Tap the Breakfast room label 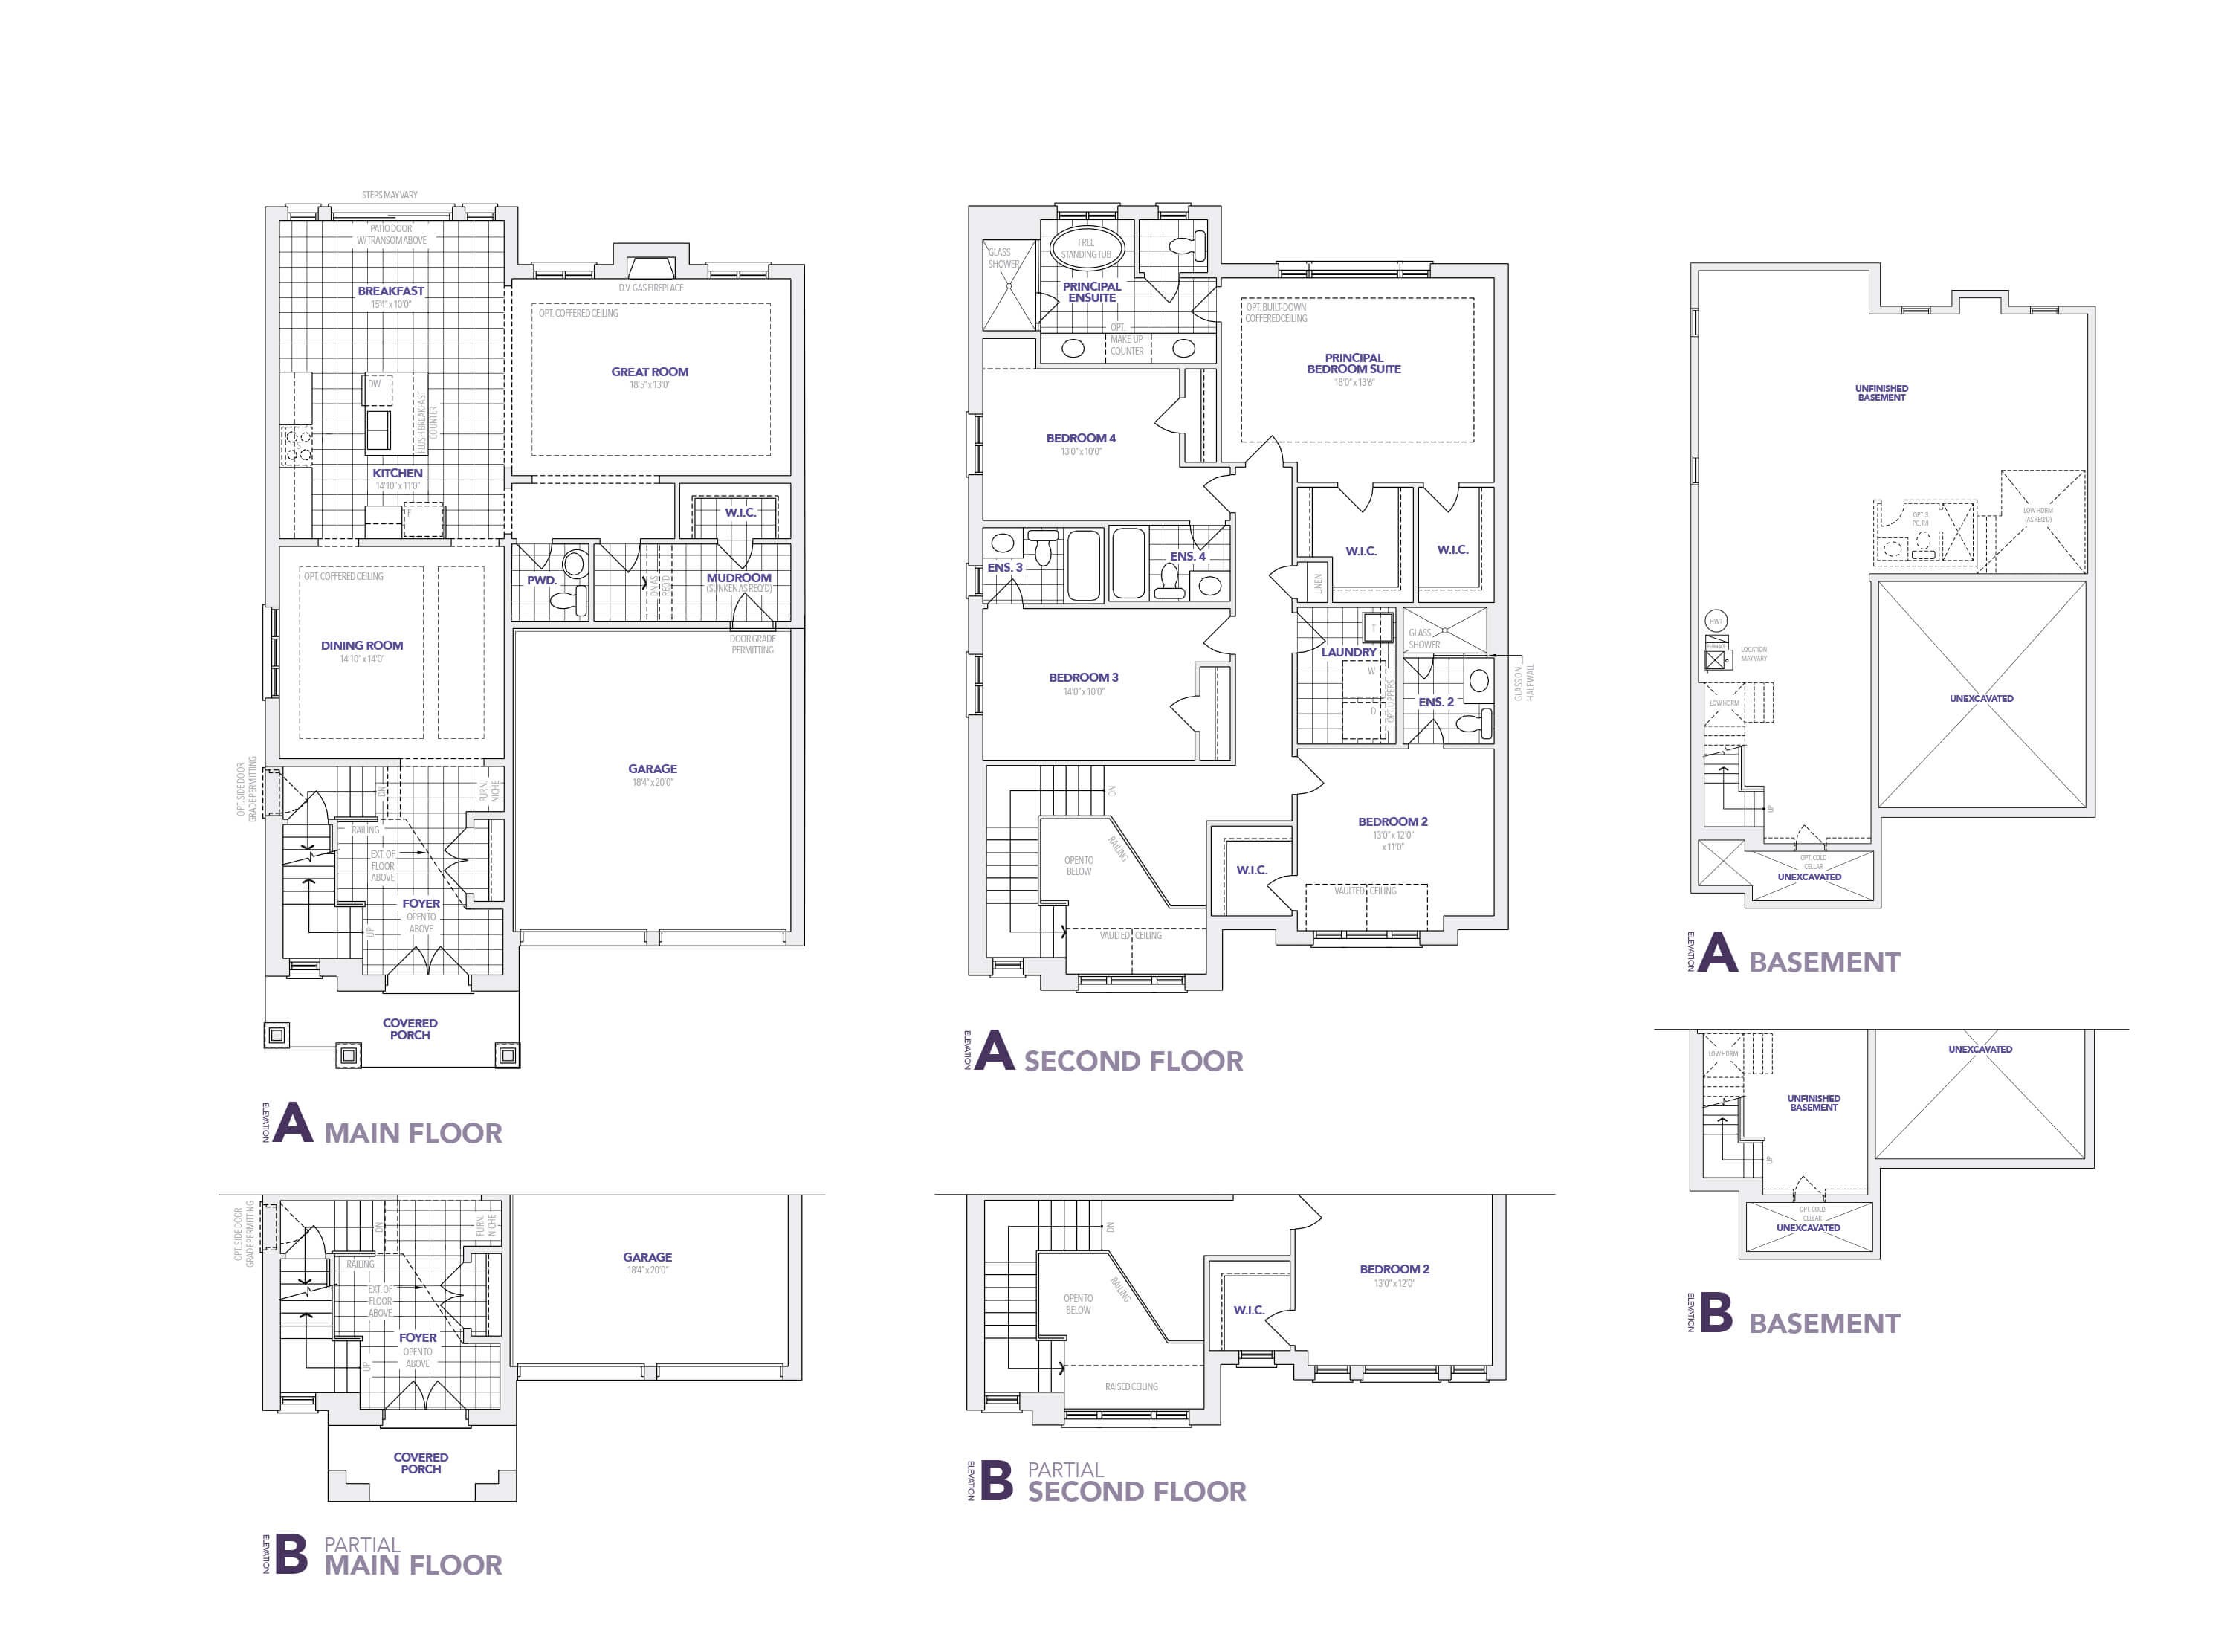[x=391, y=291]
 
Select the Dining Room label [x=361, y=645]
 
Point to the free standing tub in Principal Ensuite [x=1086, y=248]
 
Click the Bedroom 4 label [x=1081, y=438]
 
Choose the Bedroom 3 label [x=1083, y=678]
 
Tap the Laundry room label [x=1348, y=652]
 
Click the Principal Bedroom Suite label [x=1354, y=364]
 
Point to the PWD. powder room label [x=542, y=580]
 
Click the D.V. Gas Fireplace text [x=651, y=288]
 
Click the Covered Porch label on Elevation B [x=421, y=1463]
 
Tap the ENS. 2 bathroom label [x=1435, y=702]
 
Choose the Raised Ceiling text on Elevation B [x=1131, y=1386]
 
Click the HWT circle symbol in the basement [x=1716, y=622]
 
